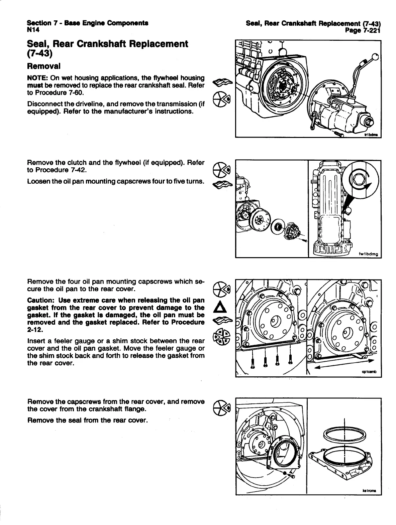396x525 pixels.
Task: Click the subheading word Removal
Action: tap(43, 66)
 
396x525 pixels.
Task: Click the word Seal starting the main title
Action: tap(38, 44)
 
